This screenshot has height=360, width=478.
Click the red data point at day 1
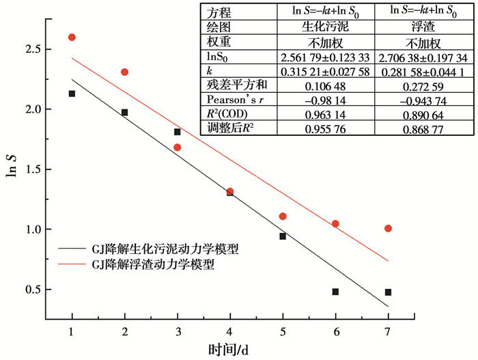(x=72, y=37)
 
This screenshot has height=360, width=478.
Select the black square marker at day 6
(x=335, y=292)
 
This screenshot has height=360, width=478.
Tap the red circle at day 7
(x=388, y=228)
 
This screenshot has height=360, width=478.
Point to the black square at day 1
(x=72, y=94)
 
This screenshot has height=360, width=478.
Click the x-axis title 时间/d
(x=229, y=350)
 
